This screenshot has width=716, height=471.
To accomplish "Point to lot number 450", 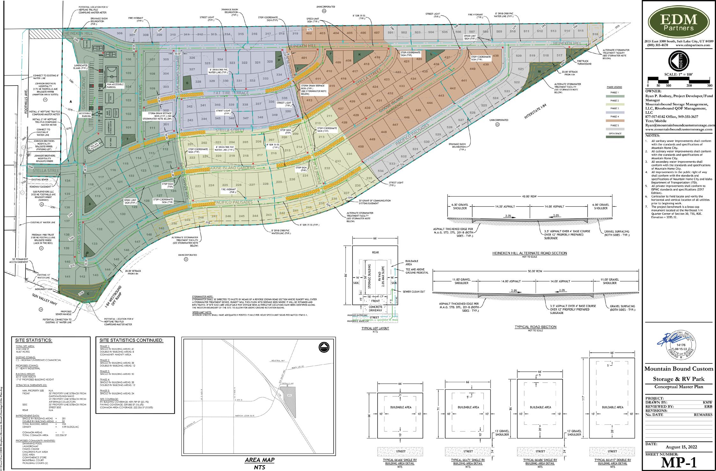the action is coord(361,146).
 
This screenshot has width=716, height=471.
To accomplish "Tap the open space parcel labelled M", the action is coord(539,71).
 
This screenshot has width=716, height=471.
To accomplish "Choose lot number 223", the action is coord(198,186).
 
